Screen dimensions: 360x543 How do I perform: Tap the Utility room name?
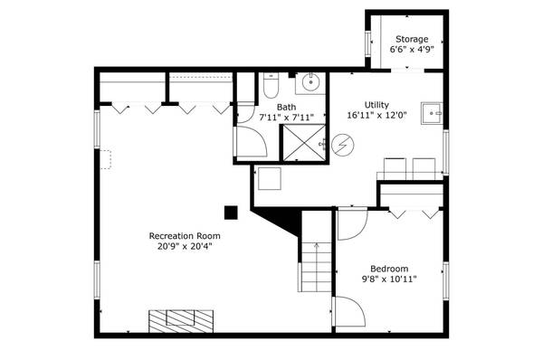[376, 105]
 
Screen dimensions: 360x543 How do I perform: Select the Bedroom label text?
[389, 269]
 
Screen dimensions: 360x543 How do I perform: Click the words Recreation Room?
[185, 236]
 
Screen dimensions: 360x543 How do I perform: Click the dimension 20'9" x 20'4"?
[185, 247]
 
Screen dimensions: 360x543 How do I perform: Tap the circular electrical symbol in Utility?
[342, 144]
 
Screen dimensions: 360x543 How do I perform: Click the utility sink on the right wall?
[433, 114]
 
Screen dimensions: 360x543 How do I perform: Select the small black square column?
[231, 213]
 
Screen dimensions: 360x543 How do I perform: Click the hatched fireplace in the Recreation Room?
[182, 320]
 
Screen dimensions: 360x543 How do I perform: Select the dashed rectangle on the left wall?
[105, 159]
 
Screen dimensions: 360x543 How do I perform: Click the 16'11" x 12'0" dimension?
[376, 116]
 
